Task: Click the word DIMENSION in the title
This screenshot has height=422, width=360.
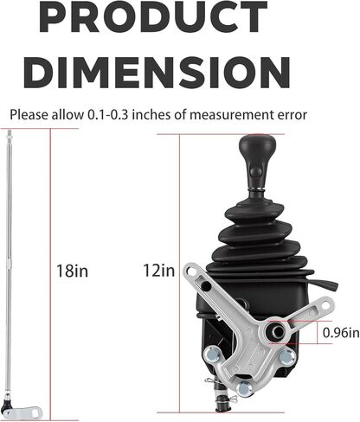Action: coord(157,73)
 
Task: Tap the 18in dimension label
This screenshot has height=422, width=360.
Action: coord(72,271)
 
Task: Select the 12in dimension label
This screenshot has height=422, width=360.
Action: coord(159,271)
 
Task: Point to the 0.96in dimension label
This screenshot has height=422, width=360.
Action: coord(341,333)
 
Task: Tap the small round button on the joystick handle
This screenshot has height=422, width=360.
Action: coord(256,172)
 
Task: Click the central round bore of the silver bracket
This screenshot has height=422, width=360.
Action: coord(278,332)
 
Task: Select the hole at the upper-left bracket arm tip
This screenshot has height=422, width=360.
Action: coord(190,271)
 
